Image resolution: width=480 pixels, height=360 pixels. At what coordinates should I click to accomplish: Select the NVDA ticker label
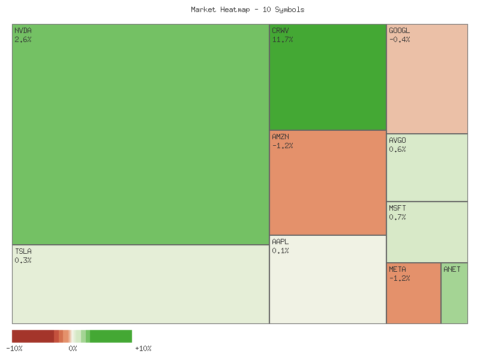[x=23, y=30]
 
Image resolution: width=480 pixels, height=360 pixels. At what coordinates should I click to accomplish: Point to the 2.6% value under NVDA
[x=23, y=40]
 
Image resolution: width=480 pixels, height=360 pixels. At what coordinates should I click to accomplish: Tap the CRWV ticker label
[x=280, y=30]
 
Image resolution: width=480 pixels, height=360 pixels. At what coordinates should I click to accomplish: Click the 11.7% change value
[x=283, y=40]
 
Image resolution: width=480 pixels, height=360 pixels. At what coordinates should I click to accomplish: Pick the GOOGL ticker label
[x=400, y=30]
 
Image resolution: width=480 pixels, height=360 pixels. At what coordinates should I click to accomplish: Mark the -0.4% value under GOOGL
[x=400, y=40]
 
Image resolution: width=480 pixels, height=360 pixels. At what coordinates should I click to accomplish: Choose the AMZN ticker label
[x=280, y=137]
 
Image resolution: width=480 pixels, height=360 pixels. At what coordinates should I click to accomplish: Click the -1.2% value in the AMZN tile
[x=283, y=146]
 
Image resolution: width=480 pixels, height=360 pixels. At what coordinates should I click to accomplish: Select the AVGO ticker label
[x=397, y=140]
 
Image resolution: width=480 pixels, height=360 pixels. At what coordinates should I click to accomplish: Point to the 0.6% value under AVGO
[x=397, y=149]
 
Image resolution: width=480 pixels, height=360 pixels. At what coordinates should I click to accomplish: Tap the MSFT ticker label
[x=397, y=208]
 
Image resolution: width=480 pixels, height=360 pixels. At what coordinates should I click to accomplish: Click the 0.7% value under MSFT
[x=397, y=217]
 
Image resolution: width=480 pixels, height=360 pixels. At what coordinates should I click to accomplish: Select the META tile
[x=413, y=293]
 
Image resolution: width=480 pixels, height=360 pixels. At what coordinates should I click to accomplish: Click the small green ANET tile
[x=454, y=293]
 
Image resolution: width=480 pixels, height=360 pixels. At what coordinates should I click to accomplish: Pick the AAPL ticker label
[x=280, y=242]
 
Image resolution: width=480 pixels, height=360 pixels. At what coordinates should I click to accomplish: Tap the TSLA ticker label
[x=23, y=251]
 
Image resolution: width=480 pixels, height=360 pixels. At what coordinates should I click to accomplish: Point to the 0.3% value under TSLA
[x=23, y=260]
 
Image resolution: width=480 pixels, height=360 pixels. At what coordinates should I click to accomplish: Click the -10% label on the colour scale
[x=14, y=348]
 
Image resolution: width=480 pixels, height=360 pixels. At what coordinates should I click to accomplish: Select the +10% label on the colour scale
[x=143, y=348]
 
